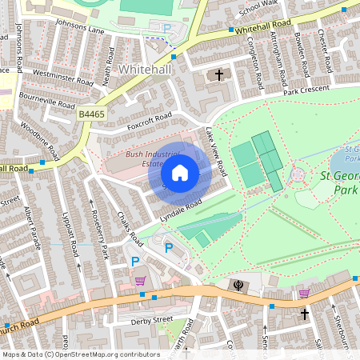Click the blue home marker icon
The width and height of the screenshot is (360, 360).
coord(180,173)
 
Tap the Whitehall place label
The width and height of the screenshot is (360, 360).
coord(145,70)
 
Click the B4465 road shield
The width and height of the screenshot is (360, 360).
coord(91,116)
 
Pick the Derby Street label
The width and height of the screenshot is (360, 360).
coord(151,319)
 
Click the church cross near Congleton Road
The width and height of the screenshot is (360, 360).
coord(219,75)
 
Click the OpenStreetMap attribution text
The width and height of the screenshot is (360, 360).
coord(81,354)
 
